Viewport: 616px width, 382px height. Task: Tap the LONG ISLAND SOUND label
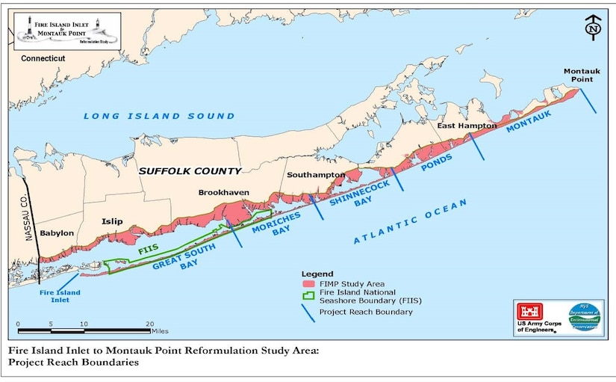pos(158,116)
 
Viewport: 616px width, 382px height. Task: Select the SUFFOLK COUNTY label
pos(190,170)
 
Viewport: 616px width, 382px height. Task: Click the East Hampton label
pos(466,126)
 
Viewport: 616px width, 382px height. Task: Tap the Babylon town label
pos(57,233)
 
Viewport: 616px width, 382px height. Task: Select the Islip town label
pos(113,222)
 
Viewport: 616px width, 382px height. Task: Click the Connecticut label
pos(43,58)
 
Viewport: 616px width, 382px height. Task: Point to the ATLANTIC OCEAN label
pos(410,222)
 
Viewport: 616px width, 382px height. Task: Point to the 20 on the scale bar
pos(149,324)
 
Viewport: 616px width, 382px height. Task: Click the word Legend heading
pos(317,274)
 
